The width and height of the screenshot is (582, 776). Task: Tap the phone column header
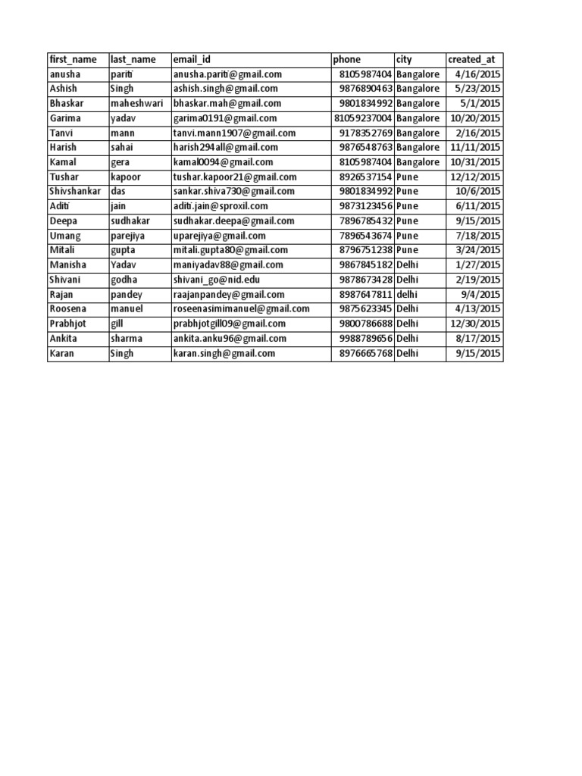pos(346,60)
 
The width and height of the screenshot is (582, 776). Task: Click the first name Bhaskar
pos(66,104)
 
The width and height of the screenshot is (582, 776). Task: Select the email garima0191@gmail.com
pos(225,118)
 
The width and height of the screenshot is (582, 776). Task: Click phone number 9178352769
pos(366,133)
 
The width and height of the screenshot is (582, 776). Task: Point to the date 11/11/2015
pos(475,148)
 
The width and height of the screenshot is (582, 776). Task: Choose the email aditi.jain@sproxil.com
pos(221,206)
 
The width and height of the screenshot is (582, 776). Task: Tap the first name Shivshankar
pos(75,192)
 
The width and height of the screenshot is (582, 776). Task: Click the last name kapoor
pos(127,177)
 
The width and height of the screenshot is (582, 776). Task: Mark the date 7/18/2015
pos(478,236)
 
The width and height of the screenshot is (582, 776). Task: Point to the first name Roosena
pos(67,309)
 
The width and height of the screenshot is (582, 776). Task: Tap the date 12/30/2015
pos(475,324)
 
